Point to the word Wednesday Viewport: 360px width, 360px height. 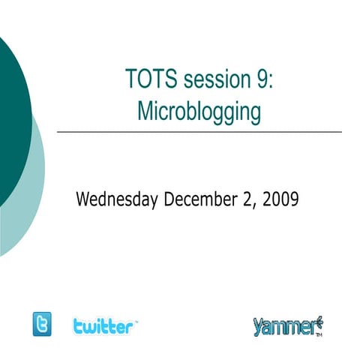point(117,200)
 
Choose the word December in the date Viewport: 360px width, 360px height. point(199,200)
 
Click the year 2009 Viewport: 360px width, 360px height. point(280,200)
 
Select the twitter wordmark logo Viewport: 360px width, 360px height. point(105,325)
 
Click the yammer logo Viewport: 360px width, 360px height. point(287,326)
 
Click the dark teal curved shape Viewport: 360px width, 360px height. point(11,112)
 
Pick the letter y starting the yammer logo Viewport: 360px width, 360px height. point(258,328)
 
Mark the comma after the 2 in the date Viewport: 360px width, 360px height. point(252,205)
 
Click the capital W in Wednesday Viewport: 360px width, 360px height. point(85,200)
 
